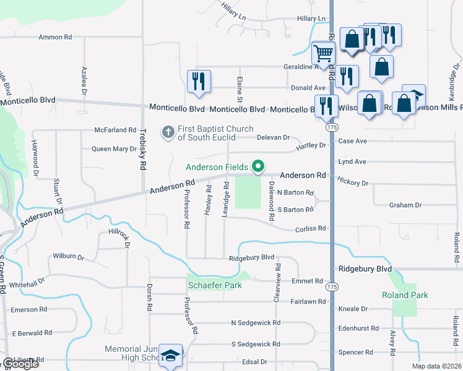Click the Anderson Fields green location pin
click(x=258, y=167)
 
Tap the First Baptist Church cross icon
click(x=168, y=132)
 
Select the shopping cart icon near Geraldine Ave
click(x=323, y=54)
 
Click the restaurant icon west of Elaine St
click(x=199, y=82)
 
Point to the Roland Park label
click(x=405, y=295)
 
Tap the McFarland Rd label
click(x=115, y=130)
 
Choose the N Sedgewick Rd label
click(x=256, y=323)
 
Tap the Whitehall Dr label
click(x=27, y=280)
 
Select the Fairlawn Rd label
click(x=308, y=301)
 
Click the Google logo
click(x=20, y=364)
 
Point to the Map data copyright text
click(x=436, y=366)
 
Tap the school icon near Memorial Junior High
click(x=170, y=356)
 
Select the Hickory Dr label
click(x=353, y=182)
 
